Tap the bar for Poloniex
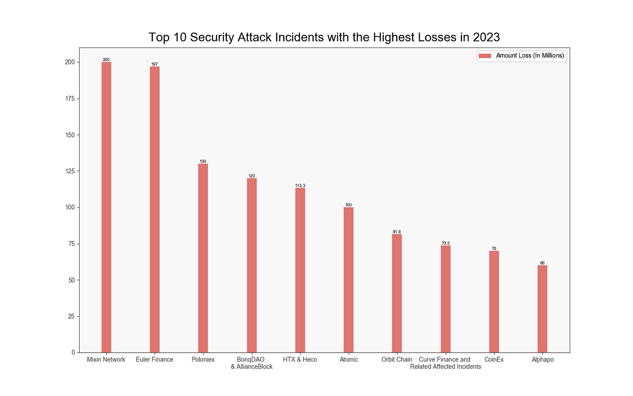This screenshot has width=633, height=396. pyautogui.click(x=203, y=258)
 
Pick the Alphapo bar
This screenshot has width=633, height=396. pyautogui.click(x=542, y=309)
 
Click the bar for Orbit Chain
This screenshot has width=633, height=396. pyautogui.click(x=397, y=293)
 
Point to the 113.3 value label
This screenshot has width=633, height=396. pyautogui.click(x=300, y=186)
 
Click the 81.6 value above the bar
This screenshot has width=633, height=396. pyautogui.click(x=397, y=232)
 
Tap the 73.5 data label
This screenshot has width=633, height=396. pyautogui.click(x=445, y=243)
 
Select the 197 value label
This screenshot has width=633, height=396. pyautogui.click(x=155, y=64)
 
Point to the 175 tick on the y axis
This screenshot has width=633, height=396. pyautogui.click(x=70, y=99)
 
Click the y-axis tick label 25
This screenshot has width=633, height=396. pyautogui.click(x=71, y=316)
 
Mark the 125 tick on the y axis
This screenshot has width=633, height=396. pyautogui.click(x=70, y=171)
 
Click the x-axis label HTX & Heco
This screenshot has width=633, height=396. pyautogui.click(x=300, y=359)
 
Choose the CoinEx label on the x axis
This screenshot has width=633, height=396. pyautogui.click(x=494, y=359)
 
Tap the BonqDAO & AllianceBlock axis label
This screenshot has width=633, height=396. pyautogui.click(x=251, y=363)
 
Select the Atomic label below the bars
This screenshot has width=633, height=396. pyautogui.click(x=349, y=359)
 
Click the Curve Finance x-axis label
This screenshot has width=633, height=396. pyautogui.click(x=445, y=363)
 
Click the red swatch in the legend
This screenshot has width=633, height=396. pyautogui.click(x=485, y=56)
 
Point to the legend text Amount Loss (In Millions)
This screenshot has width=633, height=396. pyautogui.click(x=530, y=56)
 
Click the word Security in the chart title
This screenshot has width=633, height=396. pyautogui.click(x=213, y=37)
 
